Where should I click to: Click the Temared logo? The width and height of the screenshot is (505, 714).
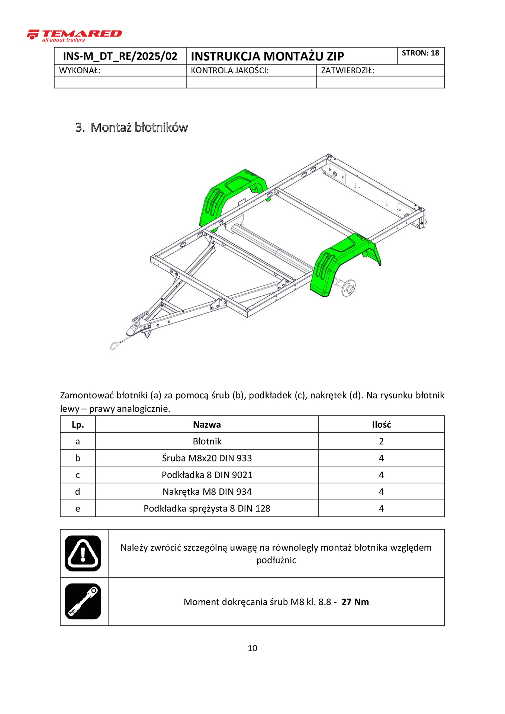pos(74,35)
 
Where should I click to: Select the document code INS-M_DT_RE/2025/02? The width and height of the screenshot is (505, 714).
pos(120,56)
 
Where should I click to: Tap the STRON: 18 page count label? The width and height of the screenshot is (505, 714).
pos(420,53)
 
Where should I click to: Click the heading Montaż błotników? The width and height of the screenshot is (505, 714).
pos(139,128)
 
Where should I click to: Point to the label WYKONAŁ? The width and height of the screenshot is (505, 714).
pos(80,71)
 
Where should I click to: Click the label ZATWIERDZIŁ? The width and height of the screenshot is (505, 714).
pos(347,71)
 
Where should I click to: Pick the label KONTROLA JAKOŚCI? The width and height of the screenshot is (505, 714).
pos(229,71)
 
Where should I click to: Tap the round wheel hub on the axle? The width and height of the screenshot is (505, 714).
pos(349,287)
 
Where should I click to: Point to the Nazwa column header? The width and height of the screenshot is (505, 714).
pos(207,425)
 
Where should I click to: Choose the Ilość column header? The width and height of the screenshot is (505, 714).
pos(381,425)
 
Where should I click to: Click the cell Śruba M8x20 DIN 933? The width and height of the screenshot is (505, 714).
pos(207,458)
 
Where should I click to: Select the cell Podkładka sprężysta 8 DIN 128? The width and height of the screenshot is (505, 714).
pos(207,508)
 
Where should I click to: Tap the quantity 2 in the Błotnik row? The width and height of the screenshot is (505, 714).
pos(381,441)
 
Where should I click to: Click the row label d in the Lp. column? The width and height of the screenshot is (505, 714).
pos(77,492)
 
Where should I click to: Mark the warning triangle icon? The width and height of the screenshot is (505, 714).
pos(83,553)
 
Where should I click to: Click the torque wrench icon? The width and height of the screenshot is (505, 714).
pos(83,601)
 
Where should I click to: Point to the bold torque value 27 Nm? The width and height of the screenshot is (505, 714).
pos(355,602)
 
